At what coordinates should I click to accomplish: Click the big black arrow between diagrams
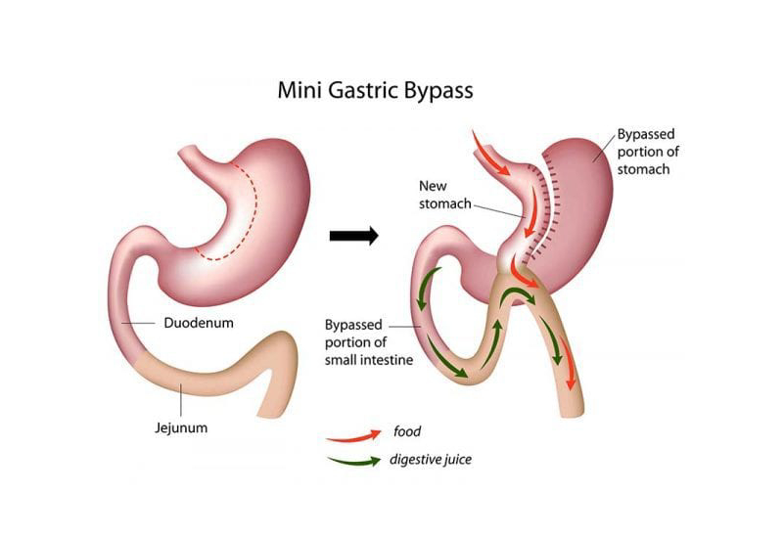click(353, 236)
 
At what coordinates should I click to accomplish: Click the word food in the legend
click(407, 430)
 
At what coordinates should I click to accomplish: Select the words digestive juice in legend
click(430, 458)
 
